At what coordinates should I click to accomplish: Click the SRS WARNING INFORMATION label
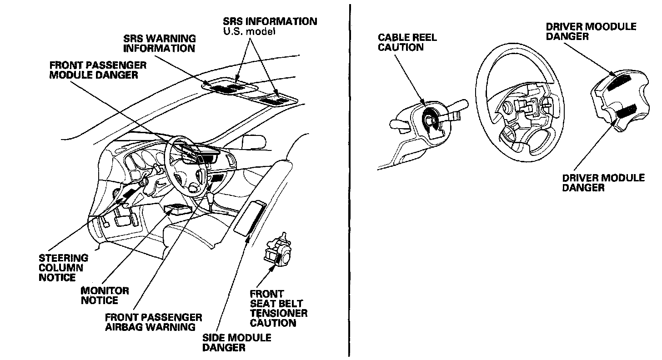(x=159, y=43)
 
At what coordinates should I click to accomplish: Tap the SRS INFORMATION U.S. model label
(x=270, y=26)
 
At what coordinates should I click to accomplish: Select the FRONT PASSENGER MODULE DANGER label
(x=94, y=70)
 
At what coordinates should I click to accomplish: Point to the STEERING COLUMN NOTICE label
(x=63, y=268)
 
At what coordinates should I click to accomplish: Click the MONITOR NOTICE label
(x=105, y=295)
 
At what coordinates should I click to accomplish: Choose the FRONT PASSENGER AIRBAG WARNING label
(x=153, y=322)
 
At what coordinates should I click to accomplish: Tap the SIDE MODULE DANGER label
(x=236, y=343)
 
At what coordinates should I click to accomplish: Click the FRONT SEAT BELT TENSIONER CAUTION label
(x=278, y=308)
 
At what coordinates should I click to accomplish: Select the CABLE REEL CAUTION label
(x=407, y=42)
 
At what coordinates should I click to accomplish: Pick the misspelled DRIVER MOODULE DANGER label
(x=591, y=31)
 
